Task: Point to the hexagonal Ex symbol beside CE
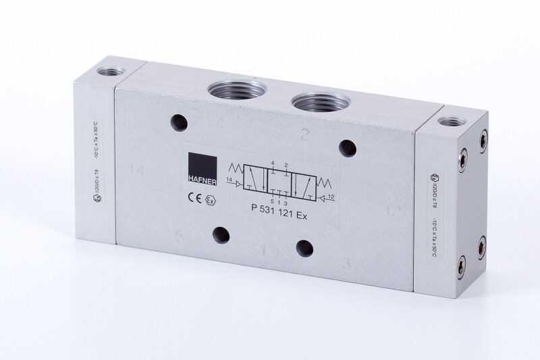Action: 210,201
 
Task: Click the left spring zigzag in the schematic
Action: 236,168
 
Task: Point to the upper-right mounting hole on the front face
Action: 347,146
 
